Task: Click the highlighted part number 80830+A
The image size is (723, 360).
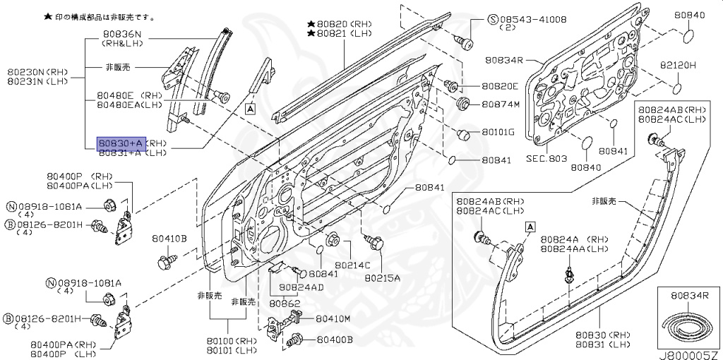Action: pyautogui.click(x=121, y=143)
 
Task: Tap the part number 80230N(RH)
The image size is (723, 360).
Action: pyautogui.click(x=35, y=71)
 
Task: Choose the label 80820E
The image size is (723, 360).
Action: pyautogui.click(x=500, y=87)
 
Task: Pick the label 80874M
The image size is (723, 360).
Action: pyautogui.click(x=500, y=106)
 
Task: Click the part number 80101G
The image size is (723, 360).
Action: pyautogui.click(x=498, y=133)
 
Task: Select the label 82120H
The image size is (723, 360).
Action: pyautogui.click(x=678, y=65)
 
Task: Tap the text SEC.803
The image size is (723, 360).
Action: pyautogui.click(x=546, y=160)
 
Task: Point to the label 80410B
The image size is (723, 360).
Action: pyautogui.click(x=169, y=239)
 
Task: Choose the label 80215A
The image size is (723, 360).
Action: pyautogui.click(x=382, y=278)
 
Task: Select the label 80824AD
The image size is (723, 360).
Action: pyautogui.click(x=301, y=287)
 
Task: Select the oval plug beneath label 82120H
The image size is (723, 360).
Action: pyautogui.click(x=676, y=88)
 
